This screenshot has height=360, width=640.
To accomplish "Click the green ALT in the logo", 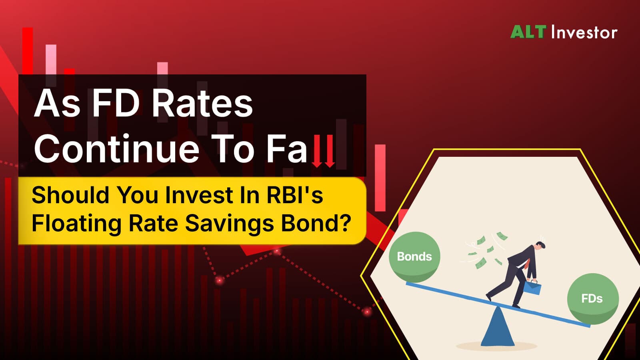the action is [528, 32].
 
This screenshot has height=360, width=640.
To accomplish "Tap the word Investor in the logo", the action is [584, 32].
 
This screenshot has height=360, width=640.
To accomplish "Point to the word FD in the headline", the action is [118, 103].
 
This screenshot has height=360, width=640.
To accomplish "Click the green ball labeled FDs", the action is [593, 299].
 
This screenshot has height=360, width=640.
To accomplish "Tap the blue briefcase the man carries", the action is [532, 288].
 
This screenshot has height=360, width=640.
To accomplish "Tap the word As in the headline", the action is [57, 103].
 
